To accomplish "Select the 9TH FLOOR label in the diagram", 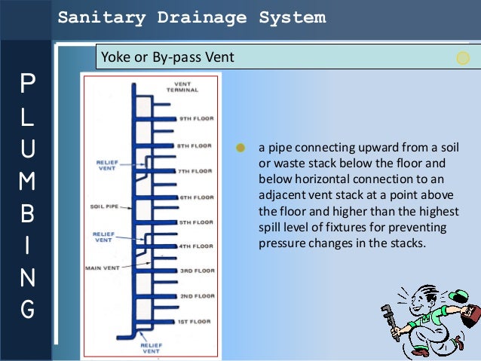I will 195,119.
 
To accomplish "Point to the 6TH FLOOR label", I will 195,197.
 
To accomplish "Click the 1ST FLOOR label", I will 195,323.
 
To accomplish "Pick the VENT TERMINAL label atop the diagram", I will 183,87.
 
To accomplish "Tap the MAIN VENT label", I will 103,268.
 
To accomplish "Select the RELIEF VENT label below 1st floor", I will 151,348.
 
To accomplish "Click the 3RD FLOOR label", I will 195,271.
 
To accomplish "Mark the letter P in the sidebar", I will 26,84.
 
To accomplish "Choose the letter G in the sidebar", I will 26,309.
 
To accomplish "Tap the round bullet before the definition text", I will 240,147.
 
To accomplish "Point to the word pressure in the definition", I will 281,243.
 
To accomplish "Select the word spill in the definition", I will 271,228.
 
